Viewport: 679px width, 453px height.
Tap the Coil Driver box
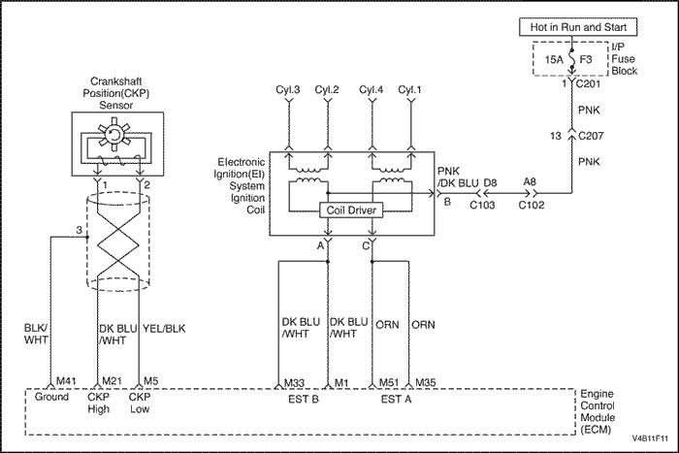pyautogui.click(x=350, y=210)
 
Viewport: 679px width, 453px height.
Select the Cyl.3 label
pyautogui.click(x=289, y=90)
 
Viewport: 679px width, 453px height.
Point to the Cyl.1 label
pyautogui.click(x=410, y=90)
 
